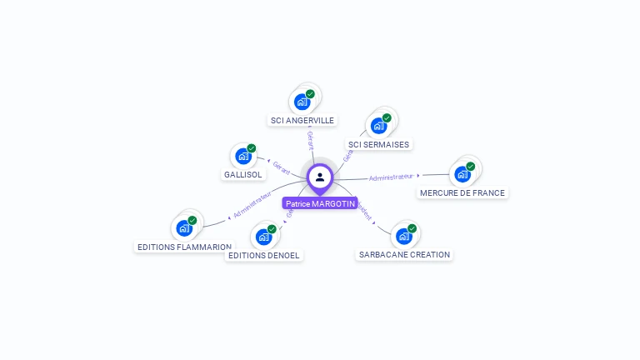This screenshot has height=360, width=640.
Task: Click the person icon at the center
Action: [320, 177]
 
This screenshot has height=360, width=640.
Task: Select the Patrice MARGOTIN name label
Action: [320, 203]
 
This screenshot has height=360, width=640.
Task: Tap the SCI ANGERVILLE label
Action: [302, 120]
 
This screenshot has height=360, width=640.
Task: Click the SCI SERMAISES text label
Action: [378, 144]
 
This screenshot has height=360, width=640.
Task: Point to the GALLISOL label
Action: [243, 174]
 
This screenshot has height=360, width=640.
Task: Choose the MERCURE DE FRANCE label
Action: [462, 192]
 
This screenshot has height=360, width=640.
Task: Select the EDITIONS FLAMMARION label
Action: [184, 247]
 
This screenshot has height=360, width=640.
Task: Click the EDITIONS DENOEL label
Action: [264, 255]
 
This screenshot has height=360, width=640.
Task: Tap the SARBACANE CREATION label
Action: [404, 254]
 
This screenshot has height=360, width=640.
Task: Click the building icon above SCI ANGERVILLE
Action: [302, 102]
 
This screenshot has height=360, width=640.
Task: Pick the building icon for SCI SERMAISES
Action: [379, 126]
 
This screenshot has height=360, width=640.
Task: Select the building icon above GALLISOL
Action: [243, 156]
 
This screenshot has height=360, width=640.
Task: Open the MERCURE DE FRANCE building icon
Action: [462, 174]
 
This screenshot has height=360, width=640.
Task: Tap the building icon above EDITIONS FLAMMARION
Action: [184, 227]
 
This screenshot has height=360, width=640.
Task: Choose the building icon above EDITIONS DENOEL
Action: [264, 237]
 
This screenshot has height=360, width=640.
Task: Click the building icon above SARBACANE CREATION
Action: [404, 236]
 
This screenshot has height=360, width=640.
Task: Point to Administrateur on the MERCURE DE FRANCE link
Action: [391, 177]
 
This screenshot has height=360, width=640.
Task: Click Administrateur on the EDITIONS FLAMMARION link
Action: [253, 205]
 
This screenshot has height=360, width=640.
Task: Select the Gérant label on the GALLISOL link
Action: [281, 166]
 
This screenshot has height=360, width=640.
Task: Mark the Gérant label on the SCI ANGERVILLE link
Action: [310, 139]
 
